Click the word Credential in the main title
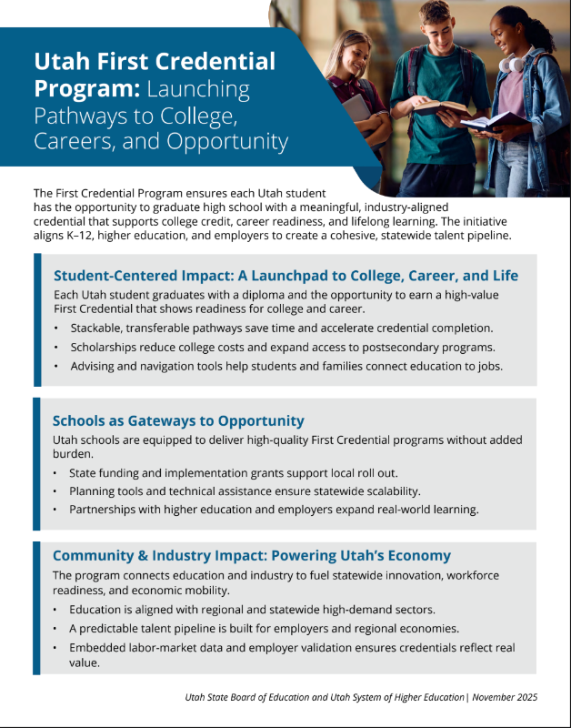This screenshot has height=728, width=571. [x=217, y=62]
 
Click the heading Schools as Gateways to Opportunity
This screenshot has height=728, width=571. [x=178, y=420]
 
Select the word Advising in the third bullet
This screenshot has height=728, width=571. [x=95, y=366]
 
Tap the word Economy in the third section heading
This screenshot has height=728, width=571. [x=421, y=555]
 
